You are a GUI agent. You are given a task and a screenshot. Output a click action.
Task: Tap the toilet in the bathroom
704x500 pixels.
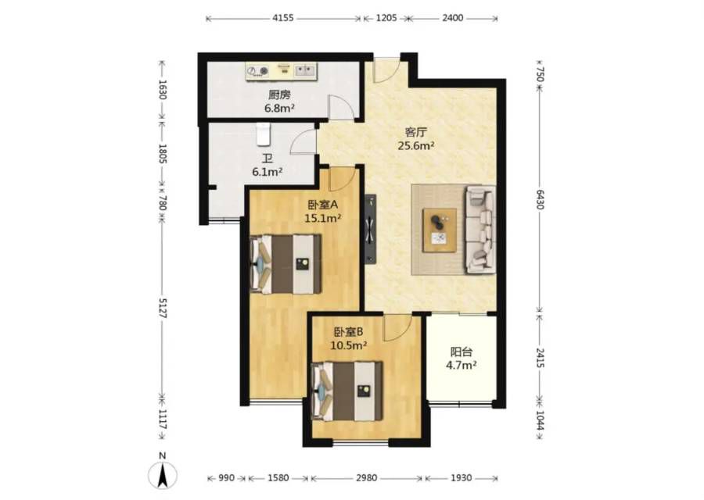(x=263, y=134)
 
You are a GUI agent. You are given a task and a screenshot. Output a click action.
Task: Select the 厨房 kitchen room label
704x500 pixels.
(x=280, y=95)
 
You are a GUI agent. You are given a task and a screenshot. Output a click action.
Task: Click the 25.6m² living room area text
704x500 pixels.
(x=416, y=145)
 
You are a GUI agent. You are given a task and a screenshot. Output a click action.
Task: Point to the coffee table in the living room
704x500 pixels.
(x=440, y=230)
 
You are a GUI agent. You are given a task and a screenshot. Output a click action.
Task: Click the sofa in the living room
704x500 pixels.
(x=480, y=230)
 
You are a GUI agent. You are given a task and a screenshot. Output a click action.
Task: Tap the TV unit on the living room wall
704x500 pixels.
(x=371, y=229)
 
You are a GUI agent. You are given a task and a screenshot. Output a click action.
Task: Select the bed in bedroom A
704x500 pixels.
(x=286, y=264)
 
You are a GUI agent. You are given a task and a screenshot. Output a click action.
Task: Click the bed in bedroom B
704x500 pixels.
(x=347, y=391)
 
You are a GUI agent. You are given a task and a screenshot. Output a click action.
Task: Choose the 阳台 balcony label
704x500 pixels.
(x=461, y=352)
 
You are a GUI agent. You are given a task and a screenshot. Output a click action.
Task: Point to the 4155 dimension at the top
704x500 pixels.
(x=283, y=18)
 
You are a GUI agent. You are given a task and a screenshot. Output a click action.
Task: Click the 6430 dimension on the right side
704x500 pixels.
(x=540, y=198)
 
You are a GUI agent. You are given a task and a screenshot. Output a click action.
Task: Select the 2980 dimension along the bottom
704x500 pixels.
(x=366, y=478)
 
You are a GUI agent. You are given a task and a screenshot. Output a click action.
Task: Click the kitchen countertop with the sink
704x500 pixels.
(x=282, y=71)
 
